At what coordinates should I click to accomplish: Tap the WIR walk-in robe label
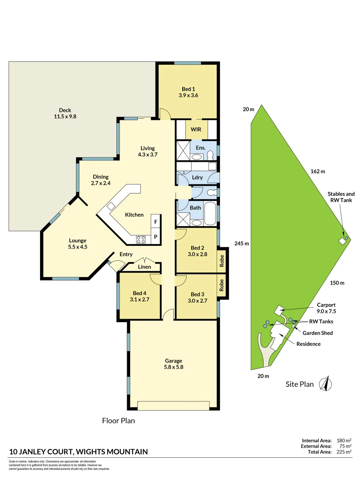click(196, 129)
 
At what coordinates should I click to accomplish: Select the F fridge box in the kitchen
click(156, 221)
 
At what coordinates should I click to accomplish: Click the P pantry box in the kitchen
click(156, 237)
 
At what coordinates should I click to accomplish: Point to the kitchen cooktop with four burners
click(141, 239)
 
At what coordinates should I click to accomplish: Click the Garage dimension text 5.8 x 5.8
click(173, 367)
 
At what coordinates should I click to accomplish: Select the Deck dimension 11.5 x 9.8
click(65, 117)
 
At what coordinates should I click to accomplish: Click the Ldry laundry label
click(197, 177)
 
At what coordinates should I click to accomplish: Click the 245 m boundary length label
click(241, 244)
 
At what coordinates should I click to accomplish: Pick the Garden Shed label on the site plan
click(318, 333)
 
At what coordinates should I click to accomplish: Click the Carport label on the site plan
click(326, 305)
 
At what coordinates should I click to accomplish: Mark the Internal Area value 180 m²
click(344, 440)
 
